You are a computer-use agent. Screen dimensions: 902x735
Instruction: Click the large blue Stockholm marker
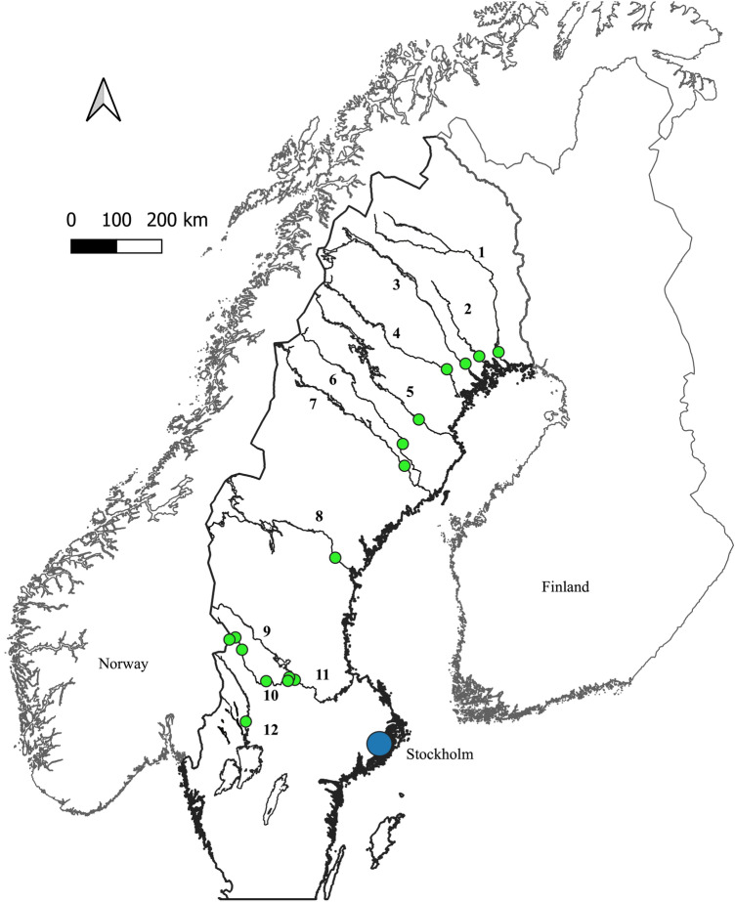click(x=379, y=744)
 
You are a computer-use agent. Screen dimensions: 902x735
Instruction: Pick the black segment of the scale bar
click(x=94, y=245)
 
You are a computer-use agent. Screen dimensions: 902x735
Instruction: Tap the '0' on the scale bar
click(x=71, y=220)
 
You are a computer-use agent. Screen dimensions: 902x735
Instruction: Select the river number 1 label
click(x=481, y=252)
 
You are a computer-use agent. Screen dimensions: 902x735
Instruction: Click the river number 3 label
click(x=396, y=285)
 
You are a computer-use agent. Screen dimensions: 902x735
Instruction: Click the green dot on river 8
click(x=335, y=558)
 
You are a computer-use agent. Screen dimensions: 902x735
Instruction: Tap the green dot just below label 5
click(x=419, y=419)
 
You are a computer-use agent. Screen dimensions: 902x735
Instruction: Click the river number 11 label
click(x=323, y=676)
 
